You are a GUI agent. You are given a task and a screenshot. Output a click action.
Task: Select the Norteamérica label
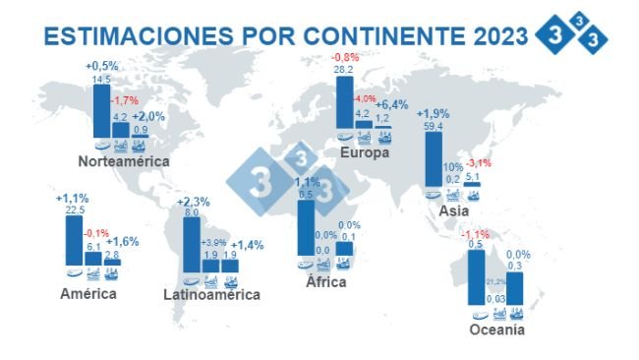(x=125, y=160)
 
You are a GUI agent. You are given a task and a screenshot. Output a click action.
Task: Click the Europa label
(x=365, y=153)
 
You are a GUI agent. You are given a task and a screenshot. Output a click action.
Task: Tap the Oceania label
(x=496, y=330)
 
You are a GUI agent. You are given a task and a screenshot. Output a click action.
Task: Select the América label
(x=88, y=293)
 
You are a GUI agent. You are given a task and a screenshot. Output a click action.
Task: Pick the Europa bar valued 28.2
(x=345, y=102)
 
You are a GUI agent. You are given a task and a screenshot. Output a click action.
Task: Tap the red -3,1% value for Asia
(x=478, y=163)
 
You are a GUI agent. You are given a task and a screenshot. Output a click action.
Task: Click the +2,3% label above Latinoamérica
(x=194, y=202)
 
